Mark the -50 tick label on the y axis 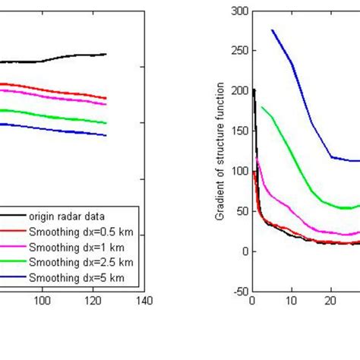point(239,291)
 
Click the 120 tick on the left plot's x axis point(93,301)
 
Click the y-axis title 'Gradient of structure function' point(219,152)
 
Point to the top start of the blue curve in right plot point(272,30)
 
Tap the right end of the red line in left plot point(106,98)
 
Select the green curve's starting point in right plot point(262,107)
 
